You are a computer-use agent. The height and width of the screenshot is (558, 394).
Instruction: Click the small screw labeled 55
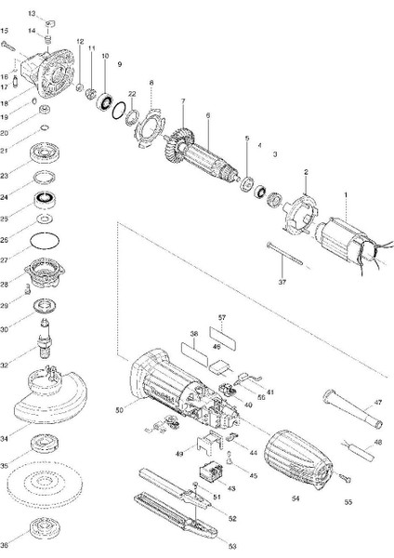pos(341,479)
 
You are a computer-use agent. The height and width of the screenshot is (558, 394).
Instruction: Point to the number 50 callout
pos(118,409)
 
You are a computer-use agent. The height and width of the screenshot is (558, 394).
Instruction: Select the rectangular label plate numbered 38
pos(194,353)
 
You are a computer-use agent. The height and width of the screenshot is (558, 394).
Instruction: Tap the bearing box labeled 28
pos(44,278)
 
